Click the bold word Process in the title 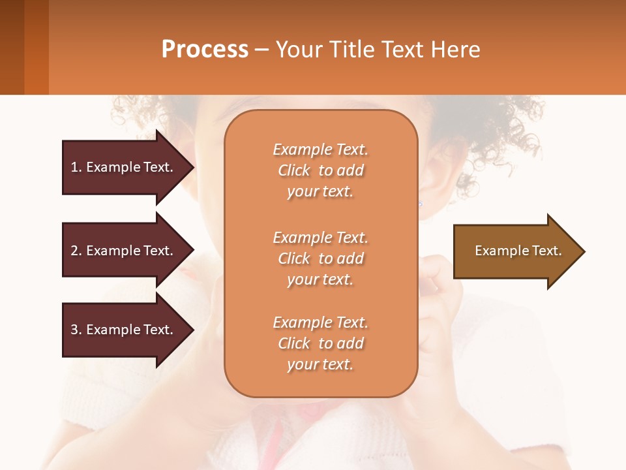point(205,50)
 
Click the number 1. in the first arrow point(76,167)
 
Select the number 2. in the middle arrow point(76,251)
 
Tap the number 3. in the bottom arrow point(76,330)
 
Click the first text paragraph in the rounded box point(320,170)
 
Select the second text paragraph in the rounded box point(320,258)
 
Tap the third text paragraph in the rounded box point(320,343)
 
